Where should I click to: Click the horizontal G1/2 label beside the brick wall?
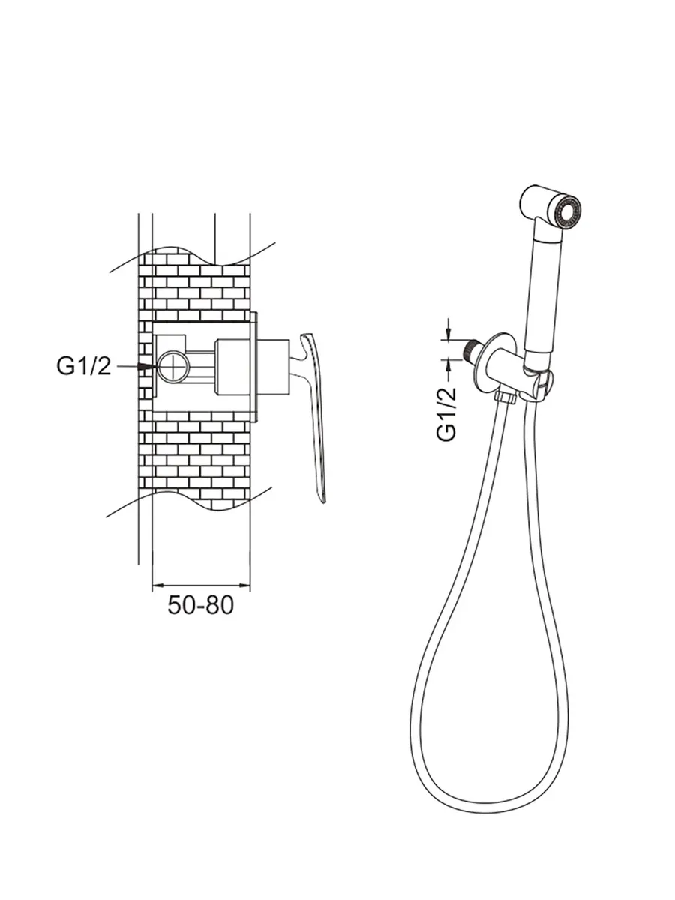point(84,366)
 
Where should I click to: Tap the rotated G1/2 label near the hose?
point(446,414)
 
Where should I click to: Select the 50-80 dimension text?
point(200,604)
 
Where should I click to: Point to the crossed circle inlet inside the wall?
point(173,366)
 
